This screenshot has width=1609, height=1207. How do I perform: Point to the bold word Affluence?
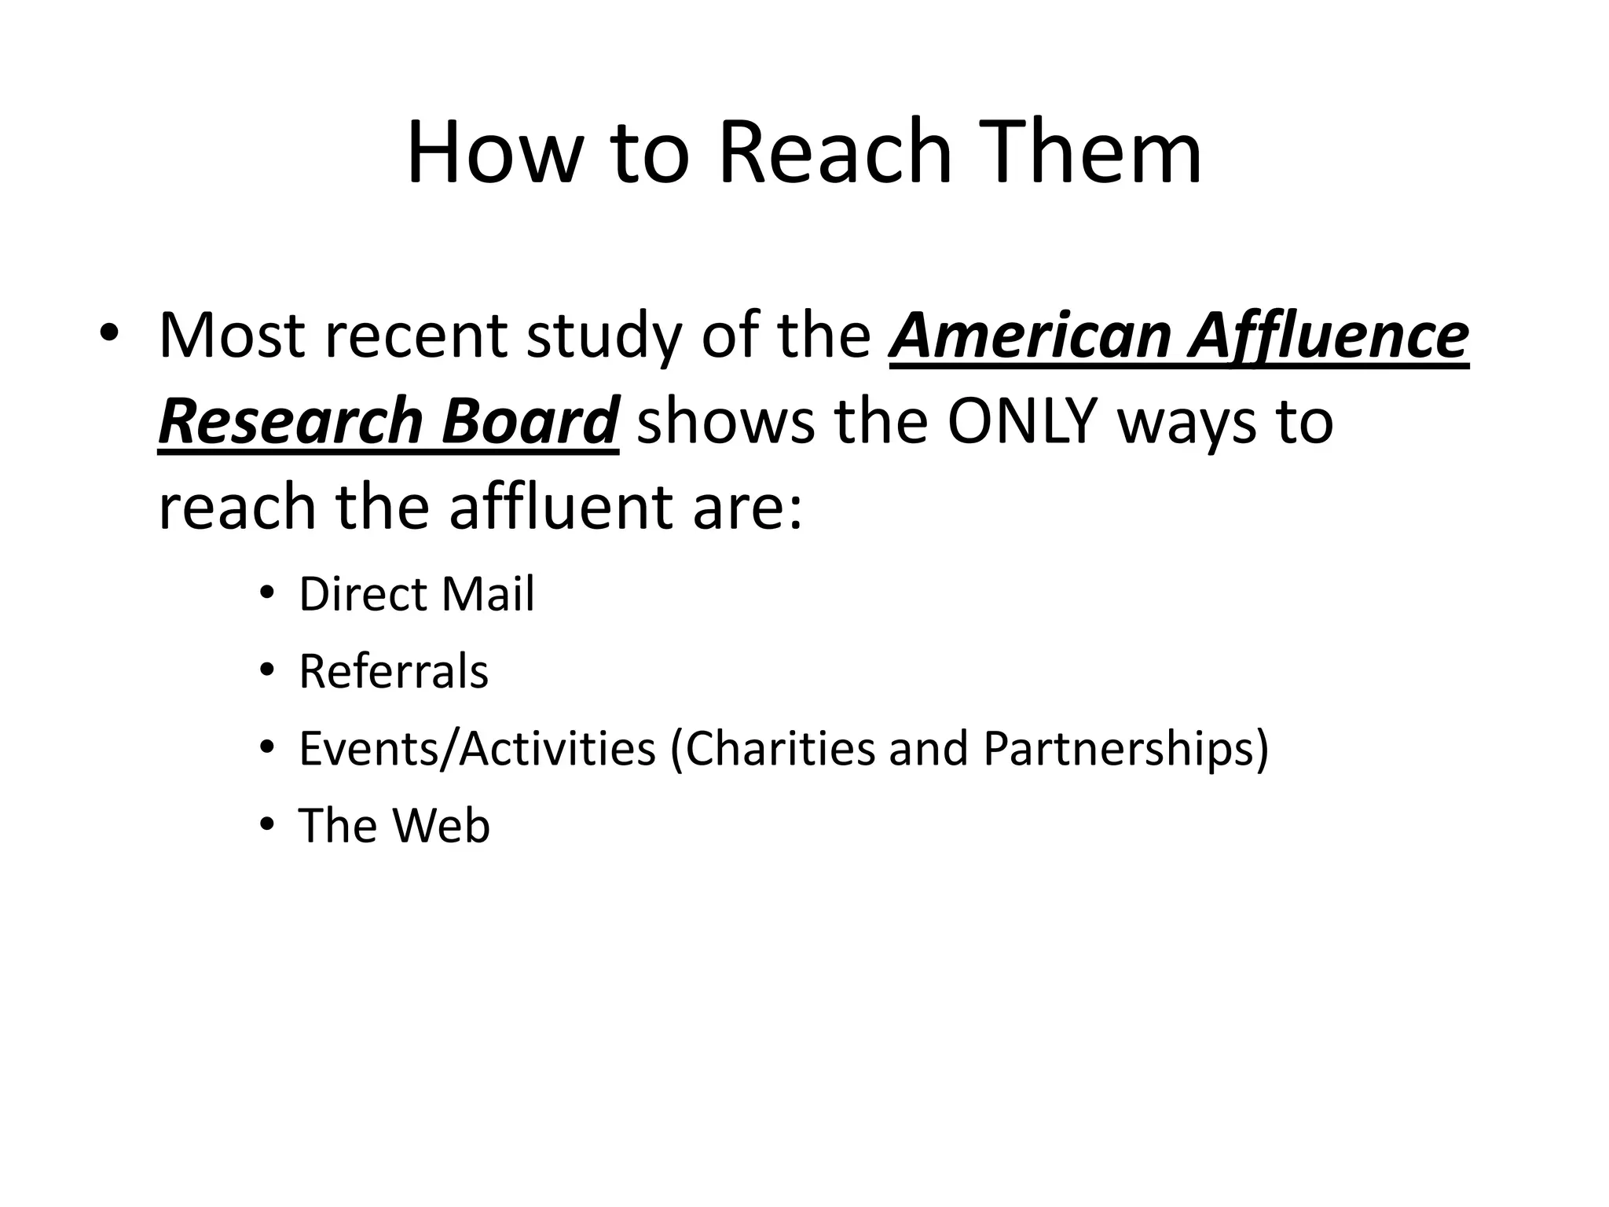click(x=1328, y=336)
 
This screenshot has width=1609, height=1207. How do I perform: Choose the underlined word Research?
click(x=290, y=421)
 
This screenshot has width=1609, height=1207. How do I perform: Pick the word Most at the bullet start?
click(x=232, y=336)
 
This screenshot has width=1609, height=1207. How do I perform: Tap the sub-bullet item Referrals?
click(x=394, y=672)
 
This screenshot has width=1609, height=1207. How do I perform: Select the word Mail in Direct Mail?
click(x=487, y=594)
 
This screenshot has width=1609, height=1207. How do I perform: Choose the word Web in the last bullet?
click(x=441, y=826)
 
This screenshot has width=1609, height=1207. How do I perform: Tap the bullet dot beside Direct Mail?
click(x=267, y=594)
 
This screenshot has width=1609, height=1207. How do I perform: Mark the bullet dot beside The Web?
click(x=267, y=825)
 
